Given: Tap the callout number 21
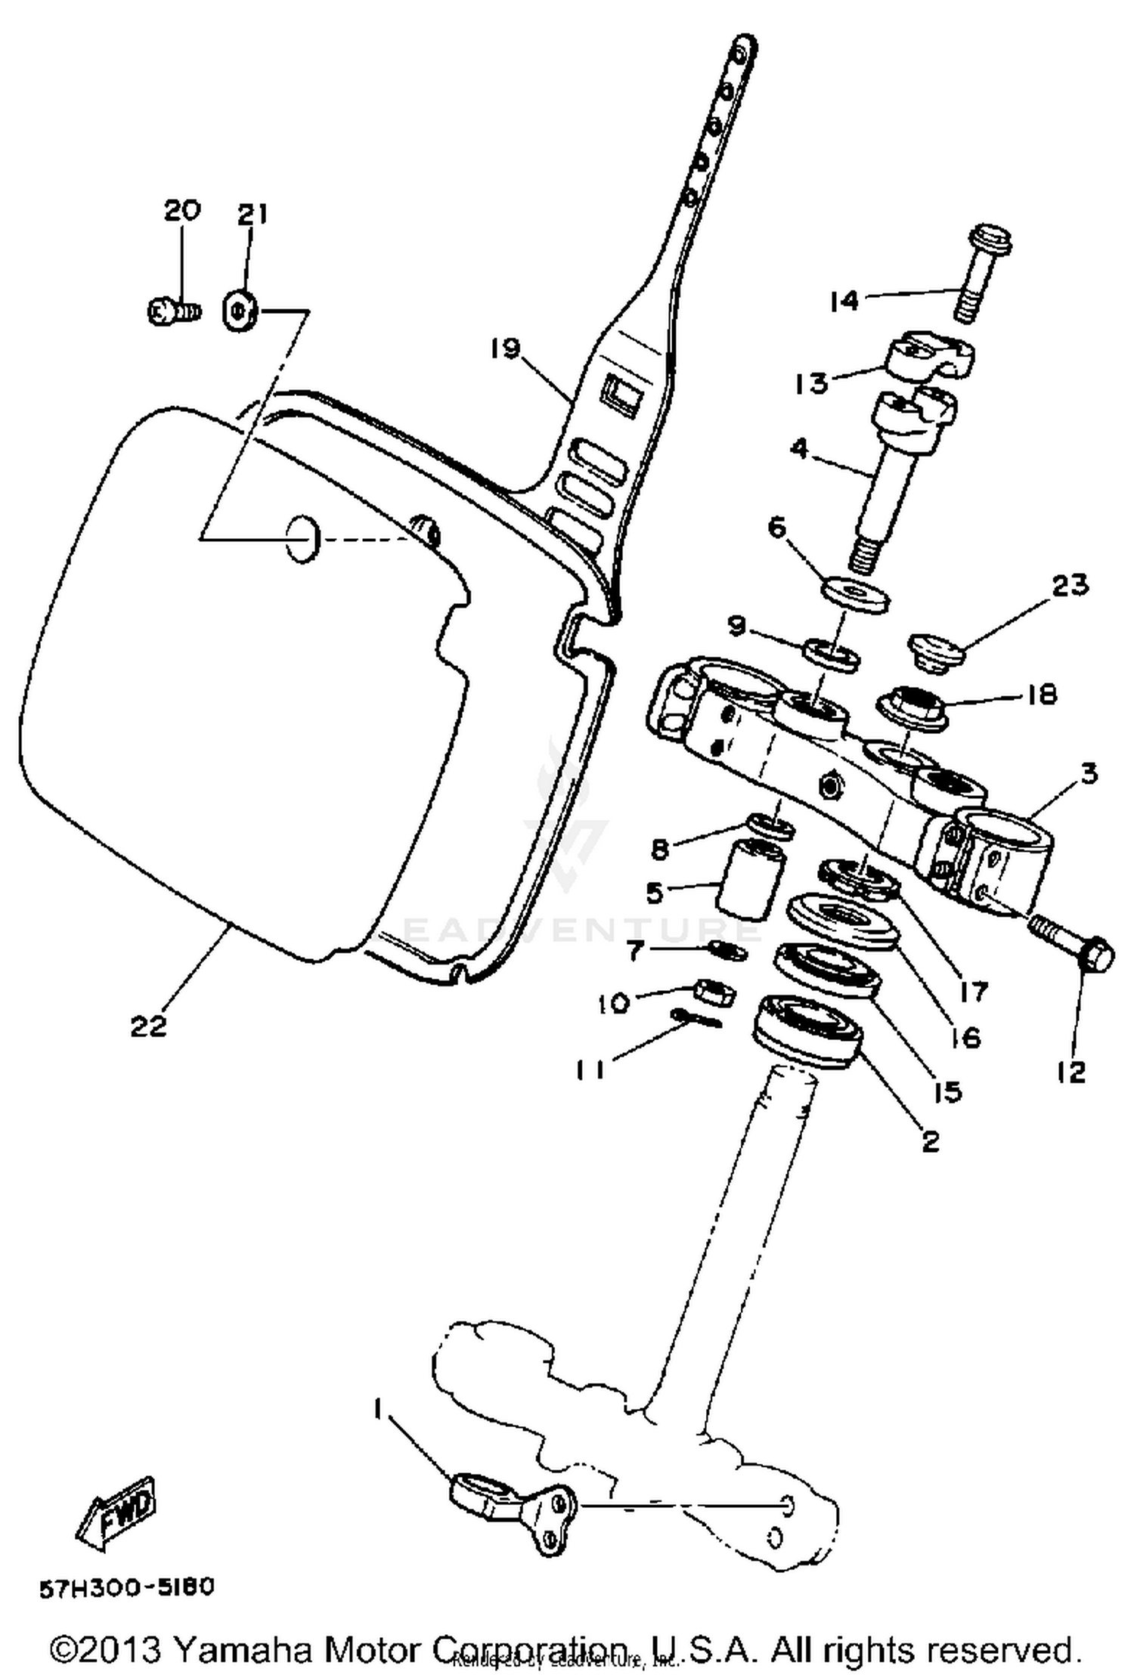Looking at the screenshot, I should click(253, 215).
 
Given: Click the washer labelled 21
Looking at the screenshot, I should click(240, 310).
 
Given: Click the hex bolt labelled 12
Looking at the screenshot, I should click(1074, 948).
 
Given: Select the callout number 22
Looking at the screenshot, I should click(148, 1026).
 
